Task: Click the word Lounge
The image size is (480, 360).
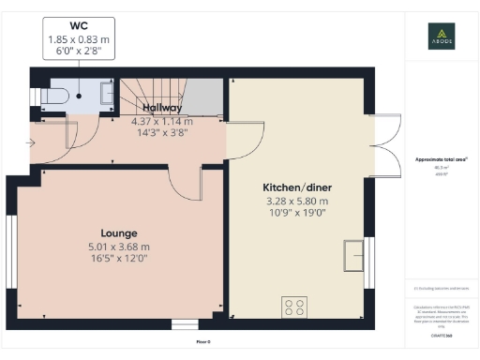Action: click(x=119, y=232)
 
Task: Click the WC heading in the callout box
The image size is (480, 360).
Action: click(x=79, y=26)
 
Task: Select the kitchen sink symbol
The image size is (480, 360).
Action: click(x=355, y=254)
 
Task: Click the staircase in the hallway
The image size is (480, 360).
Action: click(x=150, y=95)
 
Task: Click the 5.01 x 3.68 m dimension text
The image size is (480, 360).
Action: click(x=119, y=247)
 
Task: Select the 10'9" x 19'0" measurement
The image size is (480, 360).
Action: click(x=295, y=214)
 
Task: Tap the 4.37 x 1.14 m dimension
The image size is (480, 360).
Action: click(x=161, y=121)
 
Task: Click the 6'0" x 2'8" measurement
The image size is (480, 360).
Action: click(x=79, y=53)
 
